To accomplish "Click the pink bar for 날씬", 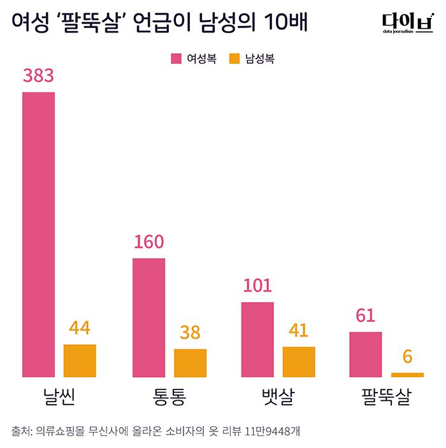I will (38, 235).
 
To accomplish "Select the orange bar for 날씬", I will (80, 361).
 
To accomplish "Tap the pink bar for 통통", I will (148, 317).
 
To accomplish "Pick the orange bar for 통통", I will (190, 363).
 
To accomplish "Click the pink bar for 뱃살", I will (257, 339).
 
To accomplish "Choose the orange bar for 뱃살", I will (299, 361).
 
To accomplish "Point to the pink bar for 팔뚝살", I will (366, 354).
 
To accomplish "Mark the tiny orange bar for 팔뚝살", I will (407, 375).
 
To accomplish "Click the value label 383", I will (38, 76).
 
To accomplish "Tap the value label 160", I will (148, 242).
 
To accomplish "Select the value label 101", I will (257, 285).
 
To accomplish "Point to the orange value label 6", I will (407, 356).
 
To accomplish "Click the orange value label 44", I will (80, 328).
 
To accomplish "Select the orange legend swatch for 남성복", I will (234, 59).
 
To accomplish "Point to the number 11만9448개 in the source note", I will (272, 431).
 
